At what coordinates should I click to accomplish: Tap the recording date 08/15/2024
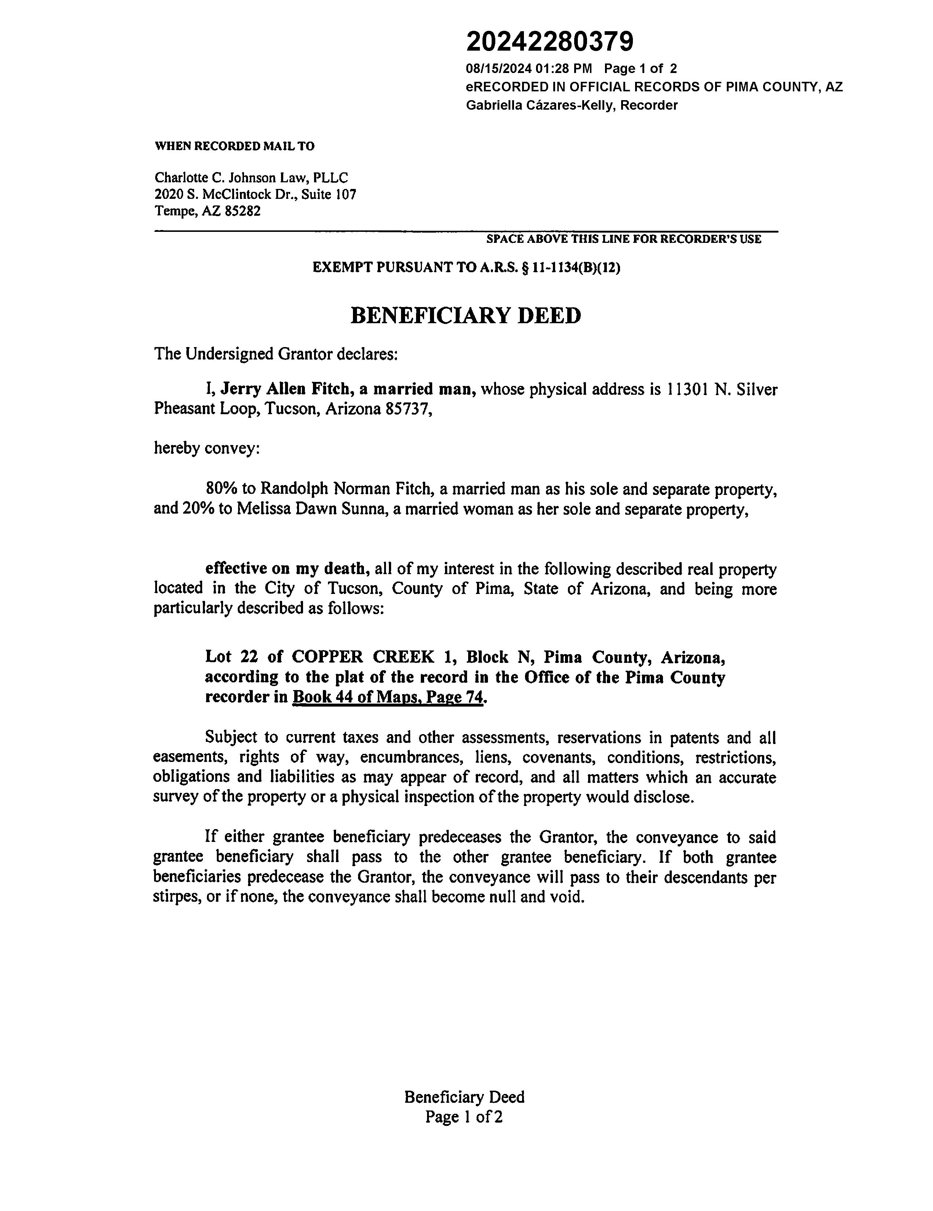click(498, 69)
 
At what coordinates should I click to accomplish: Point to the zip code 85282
click(243, 211)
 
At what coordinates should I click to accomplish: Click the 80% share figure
click(221, 489)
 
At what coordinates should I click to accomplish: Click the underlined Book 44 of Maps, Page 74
click(388, 697)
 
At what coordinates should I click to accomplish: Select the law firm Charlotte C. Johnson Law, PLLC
click(251, 178)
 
